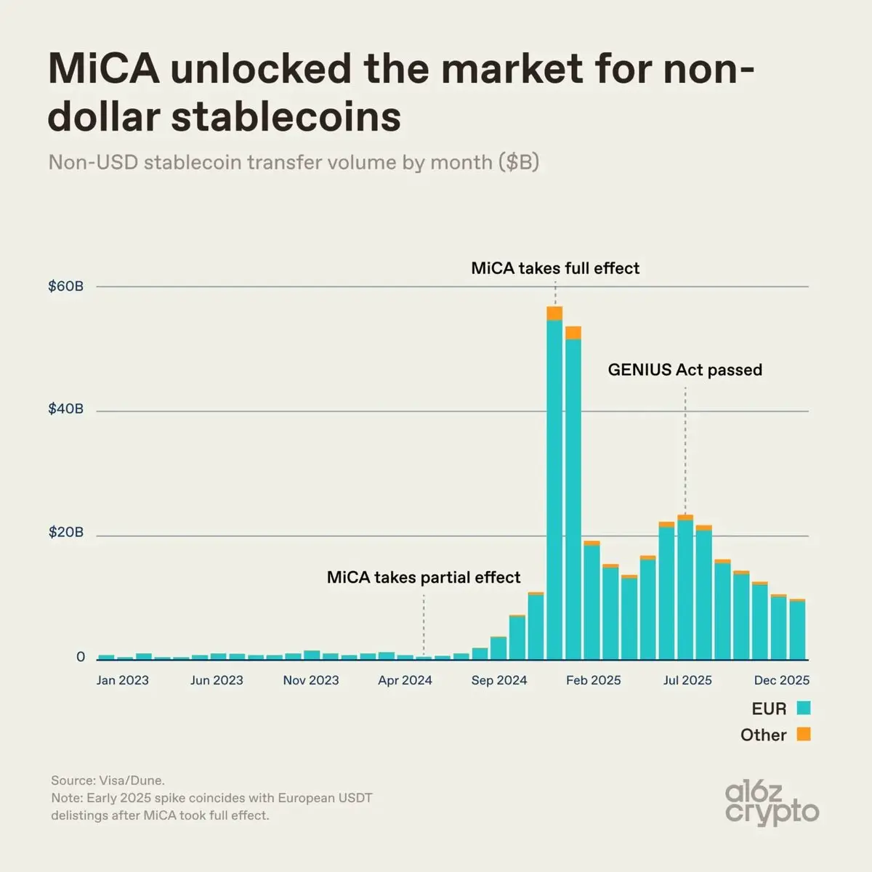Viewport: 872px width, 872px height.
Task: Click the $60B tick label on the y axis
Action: click(x=65, y=286)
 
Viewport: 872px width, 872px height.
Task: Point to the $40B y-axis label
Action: click(x=65, y=409)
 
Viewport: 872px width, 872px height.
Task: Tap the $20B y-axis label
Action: click(x=65, y=533)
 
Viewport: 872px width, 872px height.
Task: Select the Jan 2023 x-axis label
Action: click(x=122, y=680)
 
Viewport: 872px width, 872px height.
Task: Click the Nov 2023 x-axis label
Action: click(x=311, y=680)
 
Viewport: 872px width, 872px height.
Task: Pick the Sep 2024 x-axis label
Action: click(x=498, y=680)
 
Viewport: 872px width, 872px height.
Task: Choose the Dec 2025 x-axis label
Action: click(x=781, y=680)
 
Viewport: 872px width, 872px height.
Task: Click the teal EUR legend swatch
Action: click(x=803, y=708)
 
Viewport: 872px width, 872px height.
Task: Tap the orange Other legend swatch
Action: click(x=803, y=734)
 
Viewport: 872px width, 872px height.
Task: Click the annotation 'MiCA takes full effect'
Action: click(x=555, y=268)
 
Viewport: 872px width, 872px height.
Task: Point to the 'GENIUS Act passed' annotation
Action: click(x=685, y=370)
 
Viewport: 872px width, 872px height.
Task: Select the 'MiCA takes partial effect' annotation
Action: click(x=424, y=578)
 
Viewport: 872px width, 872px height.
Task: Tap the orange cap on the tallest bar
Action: click(x=554, y=313)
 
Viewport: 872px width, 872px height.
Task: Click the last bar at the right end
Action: click(x=797, y=631)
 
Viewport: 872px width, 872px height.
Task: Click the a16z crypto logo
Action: click(x=772, y=803)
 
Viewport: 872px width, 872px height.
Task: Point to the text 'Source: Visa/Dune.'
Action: click(x=108, y=780)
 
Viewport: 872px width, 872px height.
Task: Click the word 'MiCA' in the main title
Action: click(x=103, y=69)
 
